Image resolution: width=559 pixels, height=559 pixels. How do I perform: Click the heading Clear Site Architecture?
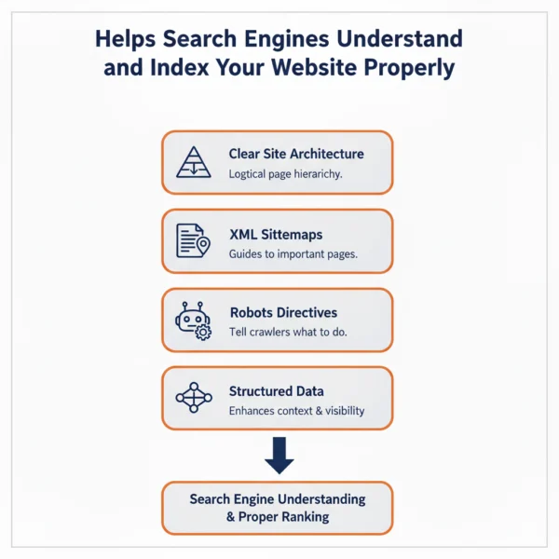tap(296, 154)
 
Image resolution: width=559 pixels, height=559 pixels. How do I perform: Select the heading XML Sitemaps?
tap(275, 233)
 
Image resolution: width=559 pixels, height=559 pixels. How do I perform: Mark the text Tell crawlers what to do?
tap(288, 333)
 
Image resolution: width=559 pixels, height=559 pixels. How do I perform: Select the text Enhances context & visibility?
tap(296, 411)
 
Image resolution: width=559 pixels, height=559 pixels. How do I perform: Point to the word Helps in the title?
tap(127, 40)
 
